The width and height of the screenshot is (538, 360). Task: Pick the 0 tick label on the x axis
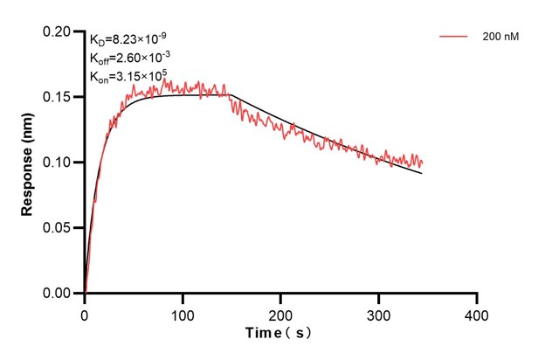pos(85,313)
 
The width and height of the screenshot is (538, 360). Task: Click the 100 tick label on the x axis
pos(183,313)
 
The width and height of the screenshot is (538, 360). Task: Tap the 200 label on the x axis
pos(280,313)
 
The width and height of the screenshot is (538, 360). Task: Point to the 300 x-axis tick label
pos(378,313)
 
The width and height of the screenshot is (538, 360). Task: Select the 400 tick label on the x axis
pos(476,313)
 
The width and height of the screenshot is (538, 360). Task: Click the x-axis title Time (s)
pos(277,334)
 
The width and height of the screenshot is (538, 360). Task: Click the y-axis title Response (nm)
pos(28,163)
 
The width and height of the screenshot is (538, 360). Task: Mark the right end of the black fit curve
pos(422,173)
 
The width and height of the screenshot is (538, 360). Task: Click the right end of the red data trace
pos(423,163)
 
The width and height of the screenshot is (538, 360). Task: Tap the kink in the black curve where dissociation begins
pos(231,95)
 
